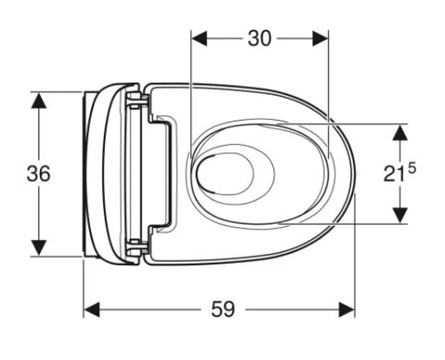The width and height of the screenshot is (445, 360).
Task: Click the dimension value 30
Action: pyautogui.click(x=260, y=39)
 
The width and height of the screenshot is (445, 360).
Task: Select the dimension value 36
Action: pyautogui.click(x=38, y=174)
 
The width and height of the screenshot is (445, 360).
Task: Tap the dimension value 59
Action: pyautogui.click(x=222, y=309)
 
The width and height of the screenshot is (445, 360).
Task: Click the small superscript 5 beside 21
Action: pyautogui.click(x=413, y=169)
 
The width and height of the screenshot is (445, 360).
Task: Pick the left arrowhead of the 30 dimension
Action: pyautogui.click(x=199, y=39)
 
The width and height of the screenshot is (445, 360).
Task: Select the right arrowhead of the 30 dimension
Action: pyautogui.click(x=320, y=39)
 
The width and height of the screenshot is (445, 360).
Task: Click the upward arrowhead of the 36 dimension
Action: pyautogui.click(x=39, y=100)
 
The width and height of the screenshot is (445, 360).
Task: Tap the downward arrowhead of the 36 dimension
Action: pyautogui.click(x=39, y=248)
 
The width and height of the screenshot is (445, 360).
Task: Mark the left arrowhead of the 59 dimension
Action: pyautogui.click(x=92, y=310)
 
